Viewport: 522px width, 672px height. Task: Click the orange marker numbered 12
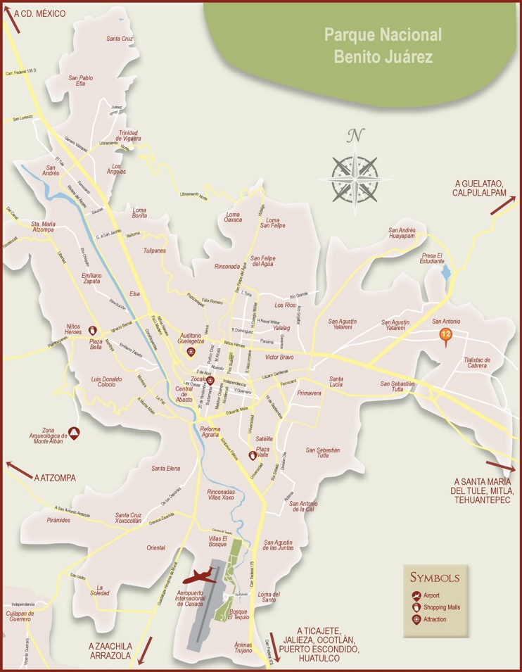445,335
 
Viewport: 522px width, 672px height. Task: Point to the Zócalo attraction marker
209,381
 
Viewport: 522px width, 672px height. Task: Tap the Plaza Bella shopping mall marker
94,330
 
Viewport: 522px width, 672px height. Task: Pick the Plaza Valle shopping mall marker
253,455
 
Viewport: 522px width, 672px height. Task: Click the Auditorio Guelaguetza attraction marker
190,351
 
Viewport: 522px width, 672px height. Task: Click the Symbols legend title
435,578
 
